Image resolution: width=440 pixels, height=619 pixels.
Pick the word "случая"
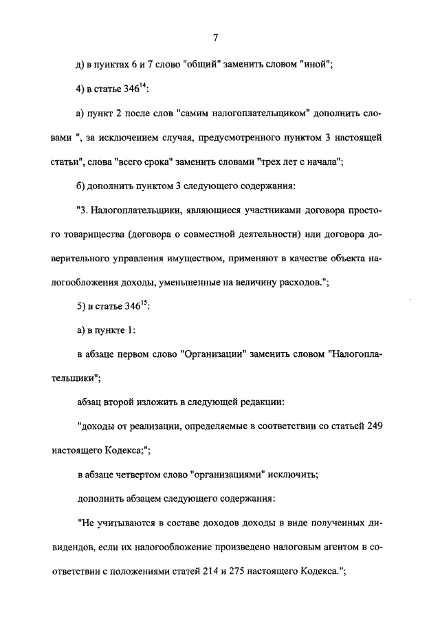coord(203,138)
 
